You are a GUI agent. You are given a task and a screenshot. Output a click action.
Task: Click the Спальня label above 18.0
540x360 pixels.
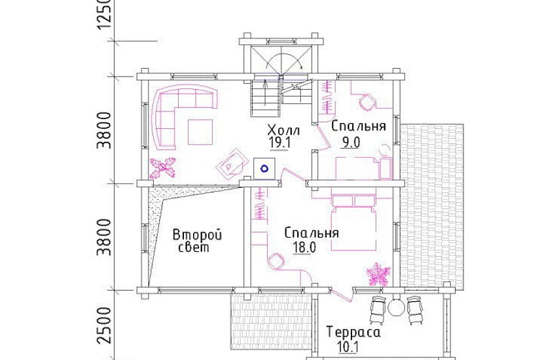point(312,232)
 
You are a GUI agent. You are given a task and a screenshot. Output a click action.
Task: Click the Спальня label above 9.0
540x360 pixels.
point(358,126)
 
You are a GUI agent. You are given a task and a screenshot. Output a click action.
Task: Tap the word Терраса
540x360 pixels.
point(354,333)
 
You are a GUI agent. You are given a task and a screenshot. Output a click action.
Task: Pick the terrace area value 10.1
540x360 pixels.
point(346,347)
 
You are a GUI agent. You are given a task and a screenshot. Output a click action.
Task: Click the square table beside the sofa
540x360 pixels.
point(200,131)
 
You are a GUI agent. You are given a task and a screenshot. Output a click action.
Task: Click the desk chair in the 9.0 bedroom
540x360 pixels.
point(366,102)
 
